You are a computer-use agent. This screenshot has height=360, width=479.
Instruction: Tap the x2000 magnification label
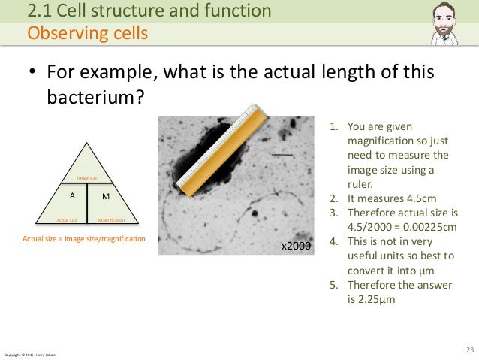tap(296, 245)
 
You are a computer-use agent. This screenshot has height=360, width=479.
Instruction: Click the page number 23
tap(470, 349)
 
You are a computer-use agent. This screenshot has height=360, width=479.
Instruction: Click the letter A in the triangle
tap(72, 195)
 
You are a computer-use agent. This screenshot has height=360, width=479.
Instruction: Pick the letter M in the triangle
tap(105, 195)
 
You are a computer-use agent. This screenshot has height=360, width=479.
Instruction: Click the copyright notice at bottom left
tap(30, 354)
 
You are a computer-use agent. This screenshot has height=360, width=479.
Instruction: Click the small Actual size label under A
tap(68, 220)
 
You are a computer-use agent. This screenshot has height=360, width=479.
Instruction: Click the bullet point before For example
tap(32, 74)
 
